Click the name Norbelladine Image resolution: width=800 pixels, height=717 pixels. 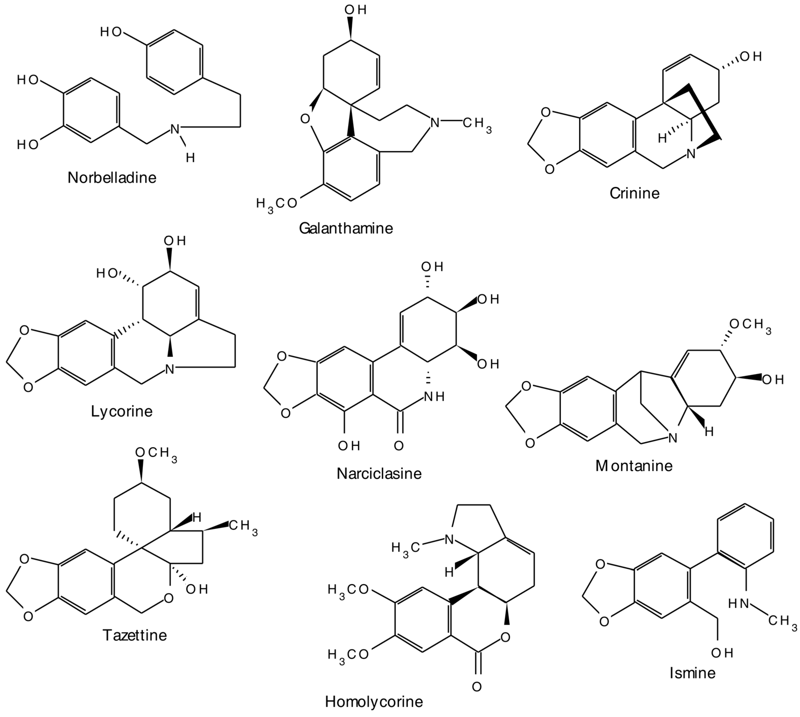(112, 178)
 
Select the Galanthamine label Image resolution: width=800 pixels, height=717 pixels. (346, 229)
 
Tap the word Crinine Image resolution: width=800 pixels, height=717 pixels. (634, 193)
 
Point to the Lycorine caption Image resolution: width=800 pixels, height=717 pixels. (122, 411)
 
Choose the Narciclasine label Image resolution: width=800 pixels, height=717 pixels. (379, 473)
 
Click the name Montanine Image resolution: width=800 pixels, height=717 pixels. (634, 466)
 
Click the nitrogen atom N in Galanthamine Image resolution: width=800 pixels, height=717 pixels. (435, 123)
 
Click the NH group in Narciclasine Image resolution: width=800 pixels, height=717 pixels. (434, 396)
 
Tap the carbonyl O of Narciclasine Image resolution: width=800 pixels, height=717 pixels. (399, 446)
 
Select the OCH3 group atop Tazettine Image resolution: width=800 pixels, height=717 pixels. (156, 453)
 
